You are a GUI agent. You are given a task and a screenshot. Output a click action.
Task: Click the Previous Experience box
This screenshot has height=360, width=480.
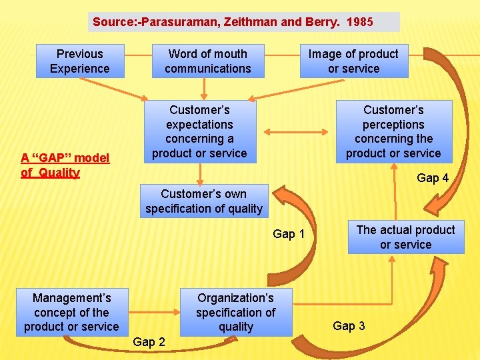pyautogui.click(x=80, y=61)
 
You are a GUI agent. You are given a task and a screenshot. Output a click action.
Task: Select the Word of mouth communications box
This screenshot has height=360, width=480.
pyautogui.click(x=207, y=61)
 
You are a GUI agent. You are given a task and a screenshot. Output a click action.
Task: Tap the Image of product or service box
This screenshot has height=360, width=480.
pyautogui.click(x=353, y=61)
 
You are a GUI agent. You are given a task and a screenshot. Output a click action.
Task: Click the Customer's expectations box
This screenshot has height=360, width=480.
pyautogui.click(x=199, y=131)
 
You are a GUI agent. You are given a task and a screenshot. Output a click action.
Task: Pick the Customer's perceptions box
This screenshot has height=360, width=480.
pyautogui.click(x=393, y=131)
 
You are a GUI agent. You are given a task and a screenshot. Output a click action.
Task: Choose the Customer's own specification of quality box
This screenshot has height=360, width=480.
pyautogui.click(x=204, y=201)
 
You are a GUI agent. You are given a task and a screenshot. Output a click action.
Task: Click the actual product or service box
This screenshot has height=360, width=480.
pyautogui.click(x=405, y=237)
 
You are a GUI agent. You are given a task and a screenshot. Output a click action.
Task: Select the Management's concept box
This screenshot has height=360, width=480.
pyautogui.click(x=71, y=312)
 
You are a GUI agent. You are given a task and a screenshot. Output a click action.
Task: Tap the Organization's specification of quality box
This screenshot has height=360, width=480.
pyautogui.click(x=235, y=312)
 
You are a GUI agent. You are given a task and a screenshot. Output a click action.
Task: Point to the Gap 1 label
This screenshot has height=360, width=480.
pyautogui.click(x=289, y=234)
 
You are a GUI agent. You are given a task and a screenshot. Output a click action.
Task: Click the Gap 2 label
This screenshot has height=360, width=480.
pyautogui.click(x=149, y=342)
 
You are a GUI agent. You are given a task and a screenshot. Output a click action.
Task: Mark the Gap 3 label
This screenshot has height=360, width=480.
pyautogui.click(x=349, y=326)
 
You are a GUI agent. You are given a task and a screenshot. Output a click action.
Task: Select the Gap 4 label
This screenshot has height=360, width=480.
pyautogui.click(x=433, y=178)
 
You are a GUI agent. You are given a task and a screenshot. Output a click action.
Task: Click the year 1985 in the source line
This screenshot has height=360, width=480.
pyautogui.click(x=360, y=22)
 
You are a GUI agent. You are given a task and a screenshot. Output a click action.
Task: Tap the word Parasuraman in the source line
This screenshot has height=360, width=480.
pyautogui.click(x=163, y=22)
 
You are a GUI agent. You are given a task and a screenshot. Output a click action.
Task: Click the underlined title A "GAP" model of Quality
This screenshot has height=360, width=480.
pyautogui.click(x=65, y=165)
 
